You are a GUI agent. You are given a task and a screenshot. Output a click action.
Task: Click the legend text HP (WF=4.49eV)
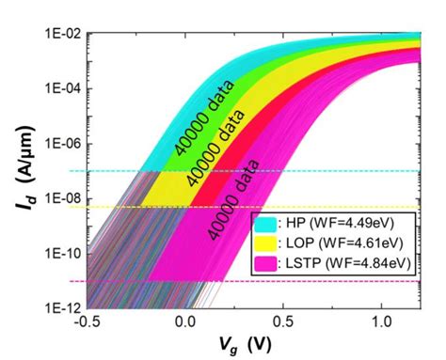pyautogui.click(x=335, y=226)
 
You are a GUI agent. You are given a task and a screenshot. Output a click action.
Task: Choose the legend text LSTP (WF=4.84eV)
pyautogui.click(x=342, y=262)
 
